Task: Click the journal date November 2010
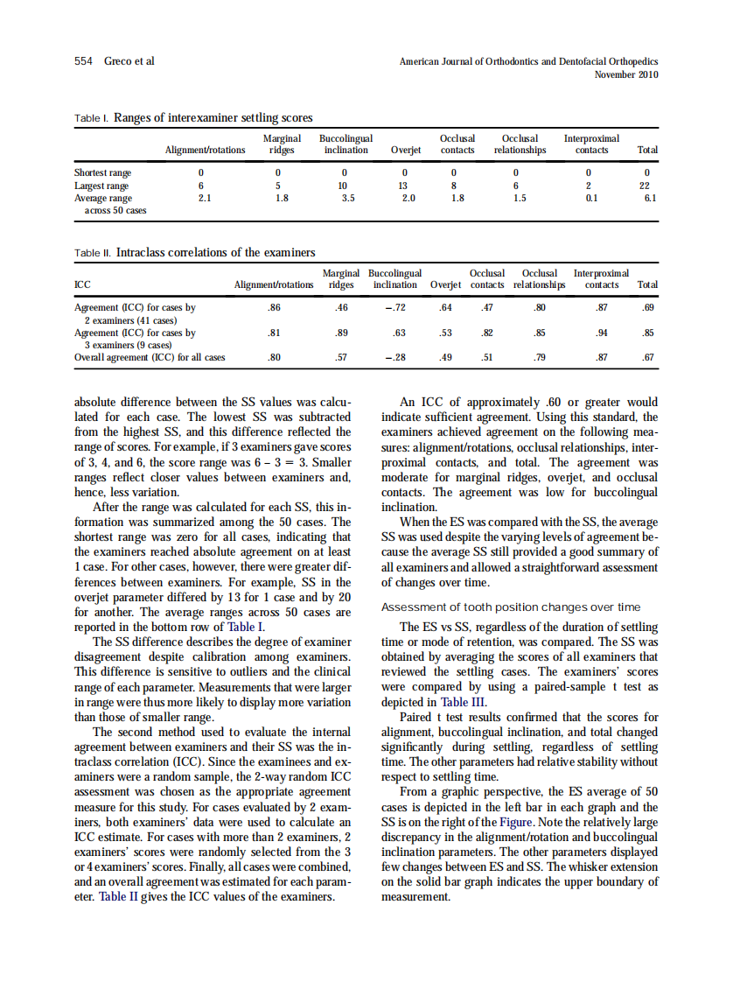pyautogui.click(x=626, y=74)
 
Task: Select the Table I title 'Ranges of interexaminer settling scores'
pyautogui.click(x=213, y=117)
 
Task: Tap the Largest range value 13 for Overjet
pyautogui.click(x=403, y=186)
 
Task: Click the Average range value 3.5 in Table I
pyautogui.click(x=347, y=198)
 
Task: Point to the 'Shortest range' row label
pyautogui.click(x=101, y=173)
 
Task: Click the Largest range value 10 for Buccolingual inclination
pyautogui.click(x=344, y=186)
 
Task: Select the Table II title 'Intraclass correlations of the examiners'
pyautogui.click(x=215, y=253)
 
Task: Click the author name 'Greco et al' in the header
pyautogui.click(x=129, y=61)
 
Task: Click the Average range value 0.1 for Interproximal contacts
pyautogui.click(x=591, y=198)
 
